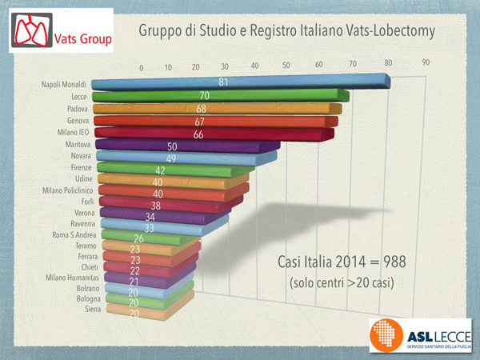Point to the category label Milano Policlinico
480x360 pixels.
pos(68,191)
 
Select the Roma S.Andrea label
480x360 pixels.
pos(74,235)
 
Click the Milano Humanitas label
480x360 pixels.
pos(70,277)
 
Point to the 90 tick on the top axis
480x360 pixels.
pos(426,62)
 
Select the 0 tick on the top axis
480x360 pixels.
pos(141,68)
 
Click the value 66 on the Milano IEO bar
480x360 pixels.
pos(199,134)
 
